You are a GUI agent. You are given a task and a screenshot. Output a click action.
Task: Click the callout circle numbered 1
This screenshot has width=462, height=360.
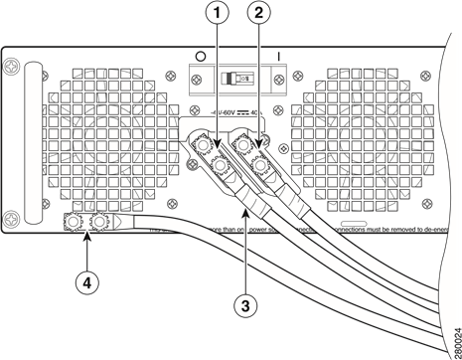coord(215,14)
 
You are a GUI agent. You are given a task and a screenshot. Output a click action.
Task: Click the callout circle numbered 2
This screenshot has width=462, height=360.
coord(261,14)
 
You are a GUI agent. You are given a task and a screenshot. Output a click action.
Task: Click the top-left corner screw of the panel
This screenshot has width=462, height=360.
coord(11,67)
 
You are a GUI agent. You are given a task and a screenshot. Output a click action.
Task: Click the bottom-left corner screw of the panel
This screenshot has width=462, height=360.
coord(11,216)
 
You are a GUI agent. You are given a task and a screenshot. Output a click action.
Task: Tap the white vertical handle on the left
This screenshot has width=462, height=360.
coord(33,141)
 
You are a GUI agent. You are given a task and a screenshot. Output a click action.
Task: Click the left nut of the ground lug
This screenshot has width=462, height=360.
coord(74,221)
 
